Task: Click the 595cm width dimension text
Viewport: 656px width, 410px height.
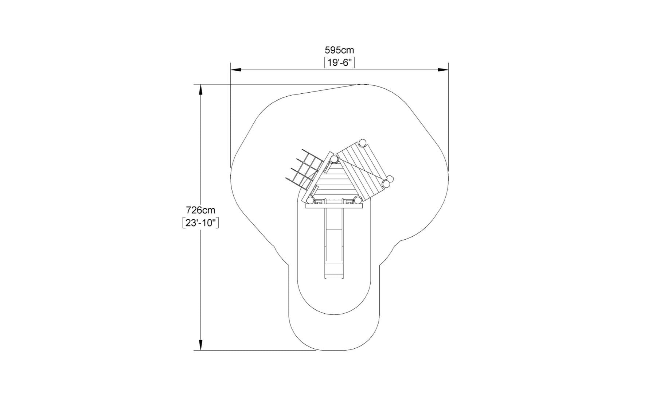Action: [x=339, y=50]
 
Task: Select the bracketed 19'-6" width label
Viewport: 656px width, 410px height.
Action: [x=339, y=63]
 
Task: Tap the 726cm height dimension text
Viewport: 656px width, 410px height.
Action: [x=200, y=210]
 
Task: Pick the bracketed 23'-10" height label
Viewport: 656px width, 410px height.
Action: [x=200, y=223]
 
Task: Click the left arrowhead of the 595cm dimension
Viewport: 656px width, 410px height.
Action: [x=236, y=70]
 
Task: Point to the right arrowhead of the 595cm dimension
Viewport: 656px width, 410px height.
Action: [x=443, y=70]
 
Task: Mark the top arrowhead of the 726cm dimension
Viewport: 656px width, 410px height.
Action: [x=200, y=90]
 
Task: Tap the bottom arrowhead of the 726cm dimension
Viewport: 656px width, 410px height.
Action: [x=200, y=345]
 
